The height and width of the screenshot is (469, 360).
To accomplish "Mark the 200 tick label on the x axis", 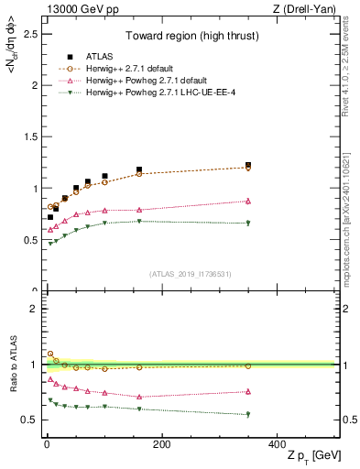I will click(x=161, y=444).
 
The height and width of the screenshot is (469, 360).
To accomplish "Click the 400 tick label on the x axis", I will click(x=277, y=444).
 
